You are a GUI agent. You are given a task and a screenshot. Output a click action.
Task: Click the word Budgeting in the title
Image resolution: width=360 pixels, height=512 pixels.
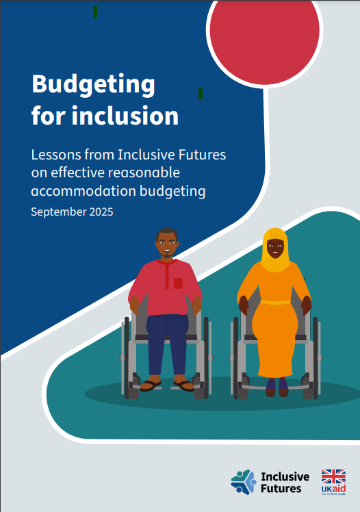tap(93, 85)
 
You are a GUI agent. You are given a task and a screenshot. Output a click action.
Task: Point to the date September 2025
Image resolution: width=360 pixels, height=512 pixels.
tap(72, 212)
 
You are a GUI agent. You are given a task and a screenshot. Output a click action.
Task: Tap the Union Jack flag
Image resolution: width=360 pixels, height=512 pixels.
tap(333, 477)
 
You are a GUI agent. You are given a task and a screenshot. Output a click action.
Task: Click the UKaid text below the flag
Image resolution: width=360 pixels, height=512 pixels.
tap(333, 492)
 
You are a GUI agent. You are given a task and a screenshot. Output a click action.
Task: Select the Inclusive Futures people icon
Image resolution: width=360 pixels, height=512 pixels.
tap(243, 482)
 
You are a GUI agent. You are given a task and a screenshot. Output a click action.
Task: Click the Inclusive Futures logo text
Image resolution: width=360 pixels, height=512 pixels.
tap(285, 482)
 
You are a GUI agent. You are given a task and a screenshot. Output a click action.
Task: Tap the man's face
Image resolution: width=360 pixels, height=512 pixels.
tap(166, 244)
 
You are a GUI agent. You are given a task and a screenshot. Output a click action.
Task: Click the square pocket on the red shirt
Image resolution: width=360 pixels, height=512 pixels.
tap(178, 283)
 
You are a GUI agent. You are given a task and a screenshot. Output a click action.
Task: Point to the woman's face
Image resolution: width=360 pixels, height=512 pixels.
tap(275, 248)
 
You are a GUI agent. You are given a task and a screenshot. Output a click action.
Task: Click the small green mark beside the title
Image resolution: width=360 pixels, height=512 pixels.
tap(201, 93)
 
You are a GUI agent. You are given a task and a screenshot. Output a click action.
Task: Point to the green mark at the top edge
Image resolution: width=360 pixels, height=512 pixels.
tap(95, 11)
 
